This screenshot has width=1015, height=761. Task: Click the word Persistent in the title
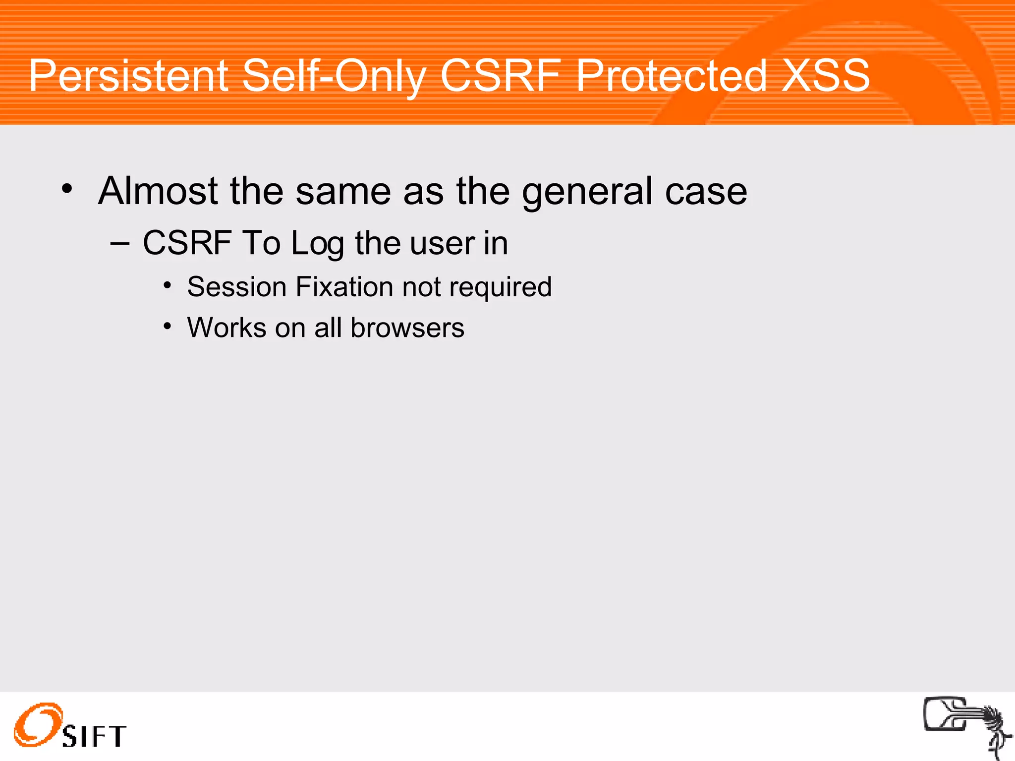coord(128,76)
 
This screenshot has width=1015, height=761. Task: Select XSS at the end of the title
coord(825,76)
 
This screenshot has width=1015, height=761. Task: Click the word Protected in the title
coord(672,76)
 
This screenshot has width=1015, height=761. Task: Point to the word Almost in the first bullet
coord(158,191)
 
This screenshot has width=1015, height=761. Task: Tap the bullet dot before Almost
coord(67,189)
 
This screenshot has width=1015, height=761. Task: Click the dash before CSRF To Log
coord(119,244)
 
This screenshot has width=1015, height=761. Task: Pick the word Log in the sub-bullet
coord(317,244)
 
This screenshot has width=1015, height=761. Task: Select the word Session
coord(236,287)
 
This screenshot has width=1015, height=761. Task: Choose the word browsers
coord(407,328)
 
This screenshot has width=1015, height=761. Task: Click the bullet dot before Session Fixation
coord(168,285)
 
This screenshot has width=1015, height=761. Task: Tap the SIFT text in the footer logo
coord(94,736)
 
